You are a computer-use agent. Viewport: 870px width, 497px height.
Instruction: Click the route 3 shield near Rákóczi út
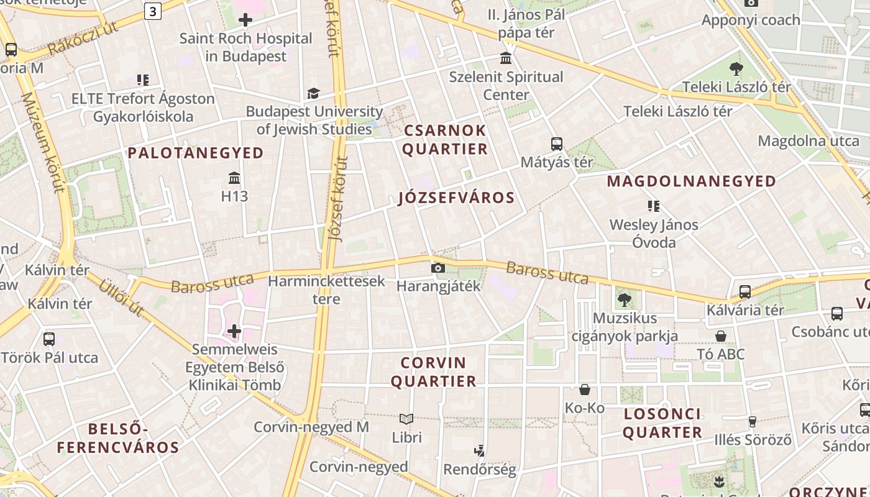click(x=153, y=11)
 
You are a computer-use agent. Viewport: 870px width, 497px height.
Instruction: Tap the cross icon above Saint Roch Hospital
click(x=245, y=20)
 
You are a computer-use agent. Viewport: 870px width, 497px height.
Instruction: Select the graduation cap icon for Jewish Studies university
click(x=313, y=93)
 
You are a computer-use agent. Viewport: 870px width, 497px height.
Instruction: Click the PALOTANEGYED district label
click(x=196, y=153)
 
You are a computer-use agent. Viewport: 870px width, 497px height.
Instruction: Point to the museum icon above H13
click(x=234, y=179)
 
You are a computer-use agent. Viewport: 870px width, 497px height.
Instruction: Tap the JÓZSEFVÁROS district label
click(x=457, y=198)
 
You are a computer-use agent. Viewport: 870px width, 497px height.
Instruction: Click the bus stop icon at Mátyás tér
click(x=557, y=144)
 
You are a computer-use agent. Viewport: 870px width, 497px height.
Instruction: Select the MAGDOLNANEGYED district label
click(x=692, y=181)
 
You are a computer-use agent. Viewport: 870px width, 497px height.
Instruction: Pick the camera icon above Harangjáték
click(x=438, y=268)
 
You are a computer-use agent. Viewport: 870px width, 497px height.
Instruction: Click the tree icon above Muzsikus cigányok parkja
click(x=625, y=300)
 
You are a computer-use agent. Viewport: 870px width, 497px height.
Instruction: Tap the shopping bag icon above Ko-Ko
click(x=585, y=390)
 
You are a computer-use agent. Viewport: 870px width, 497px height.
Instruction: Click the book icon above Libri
click(x=406, y=419)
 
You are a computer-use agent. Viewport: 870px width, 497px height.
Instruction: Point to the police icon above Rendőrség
click(x=479, y=450)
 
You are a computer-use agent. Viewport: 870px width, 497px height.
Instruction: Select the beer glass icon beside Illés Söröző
click(x=752, y=422)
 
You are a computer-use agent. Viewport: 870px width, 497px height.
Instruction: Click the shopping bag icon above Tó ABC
click(x=721, y=336)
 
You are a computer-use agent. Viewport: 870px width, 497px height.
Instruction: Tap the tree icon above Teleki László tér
click(x=736, y=68)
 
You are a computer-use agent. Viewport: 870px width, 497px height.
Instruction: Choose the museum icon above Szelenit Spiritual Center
click(x=506, y=58)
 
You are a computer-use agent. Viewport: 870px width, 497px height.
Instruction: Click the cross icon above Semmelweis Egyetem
click(x=234, y=331)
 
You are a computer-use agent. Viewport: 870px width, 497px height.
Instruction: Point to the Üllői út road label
click(x=121, y=298)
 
